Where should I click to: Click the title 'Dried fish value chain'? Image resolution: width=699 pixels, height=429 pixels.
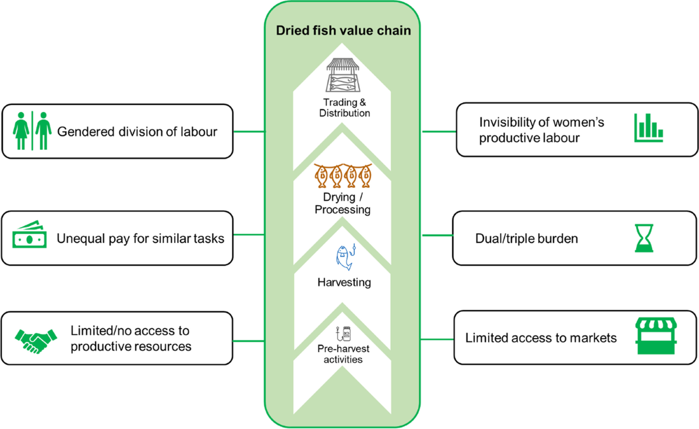[344, 31]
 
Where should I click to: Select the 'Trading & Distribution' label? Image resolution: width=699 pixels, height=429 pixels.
[344, 108]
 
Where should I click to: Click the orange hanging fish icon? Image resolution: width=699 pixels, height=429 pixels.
[343, 175]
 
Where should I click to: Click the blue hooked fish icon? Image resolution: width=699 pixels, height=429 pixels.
[345, 258]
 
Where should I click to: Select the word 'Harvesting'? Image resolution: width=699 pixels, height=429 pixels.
[344, 283]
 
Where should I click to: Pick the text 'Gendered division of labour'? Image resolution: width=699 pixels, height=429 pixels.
[137, 132]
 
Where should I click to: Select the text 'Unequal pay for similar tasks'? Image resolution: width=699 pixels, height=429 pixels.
[140, 238]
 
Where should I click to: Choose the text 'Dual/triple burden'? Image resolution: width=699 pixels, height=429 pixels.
[526, 238]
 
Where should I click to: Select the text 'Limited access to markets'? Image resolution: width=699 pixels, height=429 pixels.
[541, 338]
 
